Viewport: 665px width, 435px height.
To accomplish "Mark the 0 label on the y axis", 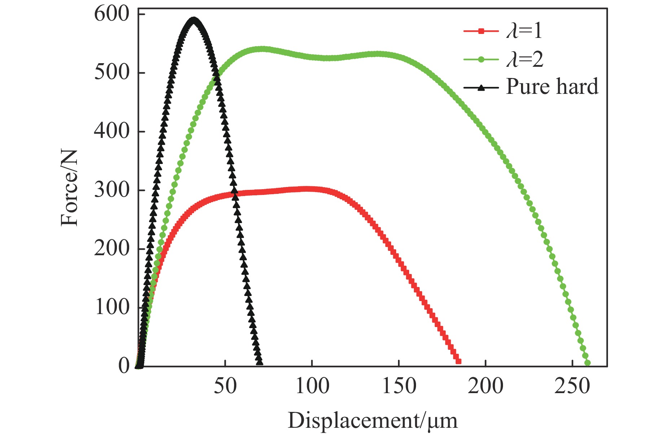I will tap(124, 366).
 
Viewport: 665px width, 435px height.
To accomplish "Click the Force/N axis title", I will tap(69, 188).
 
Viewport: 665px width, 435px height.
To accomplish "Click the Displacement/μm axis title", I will tap(372, 421).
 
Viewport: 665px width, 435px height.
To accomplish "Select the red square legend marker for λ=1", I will tap(481, 31).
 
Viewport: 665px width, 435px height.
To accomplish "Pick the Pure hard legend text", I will tap(552, 87).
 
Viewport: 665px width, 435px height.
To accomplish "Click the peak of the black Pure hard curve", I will tap(194, 19).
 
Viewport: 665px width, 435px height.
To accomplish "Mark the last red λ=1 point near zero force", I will tap(458, 361).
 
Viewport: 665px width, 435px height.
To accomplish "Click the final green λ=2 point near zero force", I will tap(587, 363).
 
